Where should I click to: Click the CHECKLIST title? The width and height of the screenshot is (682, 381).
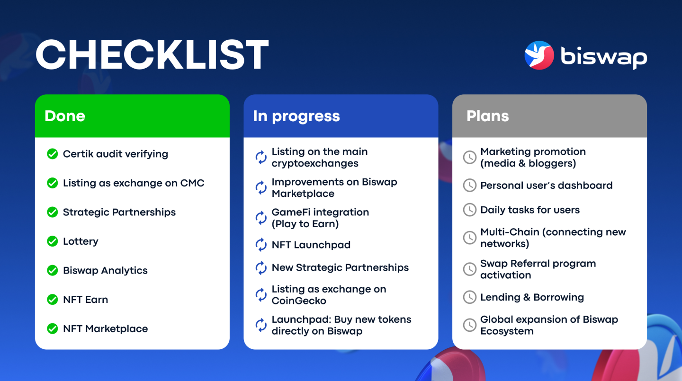pos(152,54)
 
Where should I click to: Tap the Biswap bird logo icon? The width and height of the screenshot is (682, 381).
pos(539,55)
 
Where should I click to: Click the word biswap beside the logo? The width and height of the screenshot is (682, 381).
pos(604,57)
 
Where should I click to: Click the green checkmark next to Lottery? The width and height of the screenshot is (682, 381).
pos(53,241)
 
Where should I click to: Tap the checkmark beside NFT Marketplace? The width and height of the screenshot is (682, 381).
pos(53,328)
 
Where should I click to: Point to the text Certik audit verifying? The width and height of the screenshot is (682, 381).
pos(116,154)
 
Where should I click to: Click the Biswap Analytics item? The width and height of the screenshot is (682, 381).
pos(105,271)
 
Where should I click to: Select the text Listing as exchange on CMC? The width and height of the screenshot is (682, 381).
pos(134,183)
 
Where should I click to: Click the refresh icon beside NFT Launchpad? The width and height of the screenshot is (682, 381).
pos(261,245)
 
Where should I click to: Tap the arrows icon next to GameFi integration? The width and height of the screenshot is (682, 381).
pos(261,218)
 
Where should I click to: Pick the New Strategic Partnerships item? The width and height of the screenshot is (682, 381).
pos(340,268)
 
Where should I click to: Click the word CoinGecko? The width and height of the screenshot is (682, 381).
pos(299,301)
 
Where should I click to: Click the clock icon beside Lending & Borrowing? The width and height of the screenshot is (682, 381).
pos(470,297)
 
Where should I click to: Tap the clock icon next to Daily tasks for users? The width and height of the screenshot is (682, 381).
pos(470,210)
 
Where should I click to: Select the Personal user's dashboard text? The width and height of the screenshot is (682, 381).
pos(547,186)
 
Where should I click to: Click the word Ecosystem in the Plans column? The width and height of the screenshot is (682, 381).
pos(507,331)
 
